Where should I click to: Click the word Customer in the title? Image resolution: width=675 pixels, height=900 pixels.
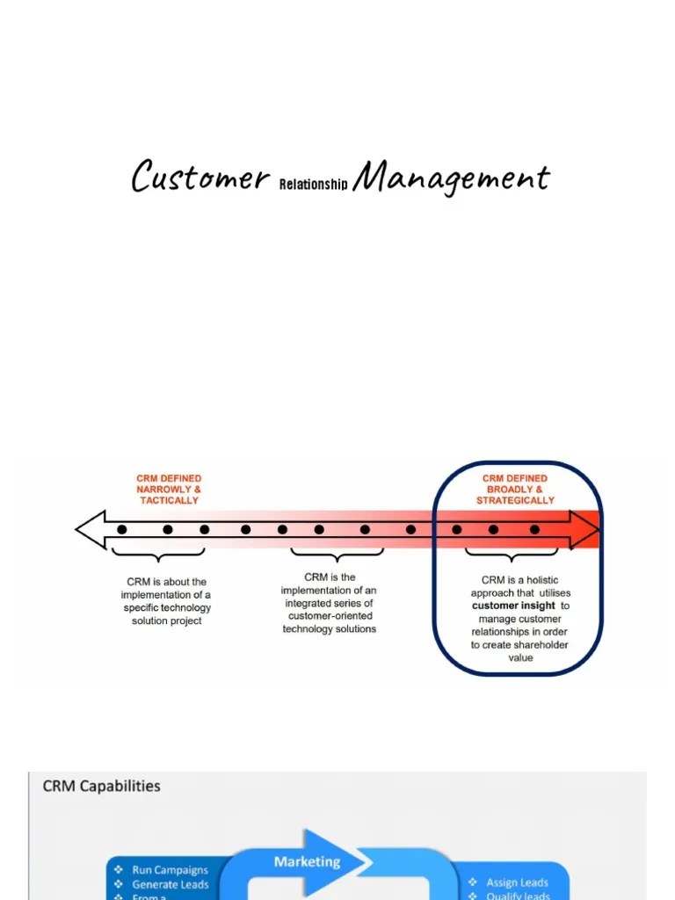pyautogui.click(x=200, y=176)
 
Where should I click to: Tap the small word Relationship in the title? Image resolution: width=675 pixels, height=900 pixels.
pyautogui.click(x=313, y=185)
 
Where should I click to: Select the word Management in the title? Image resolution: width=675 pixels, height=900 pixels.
pyautogui.click(x=451, y=178)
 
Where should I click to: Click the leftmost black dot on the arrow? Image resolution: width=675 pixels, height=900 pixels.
pyautogui.click(x=122, y=530)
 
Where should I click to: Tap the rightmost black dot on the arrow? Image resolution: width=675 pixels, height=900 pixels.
pyautogui.click(x=534, y=530)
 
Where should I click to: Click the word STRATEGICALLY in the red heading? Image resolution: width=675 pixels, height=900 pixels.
pyautogui.click(x=515, y=500)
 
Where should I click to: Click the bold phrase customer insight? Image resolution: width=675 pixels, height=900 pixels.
pyautogui.click(x=513, y=606)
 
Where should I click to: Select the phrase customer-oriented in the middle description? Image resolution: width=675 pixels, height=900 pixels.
pyautogui.click(x=329, y=616)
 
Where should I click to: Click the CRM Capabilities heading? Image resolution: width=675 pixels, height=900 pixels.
pyautogui.click(x=102, y=786)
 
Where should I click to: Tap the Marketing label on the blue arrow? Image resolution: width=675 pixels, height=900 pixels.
pyautogui.click(x=307, y=861)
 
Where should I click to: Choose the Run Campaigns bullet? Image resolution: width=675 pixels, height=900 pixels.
pyautogui.click(x=170, y=870)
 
